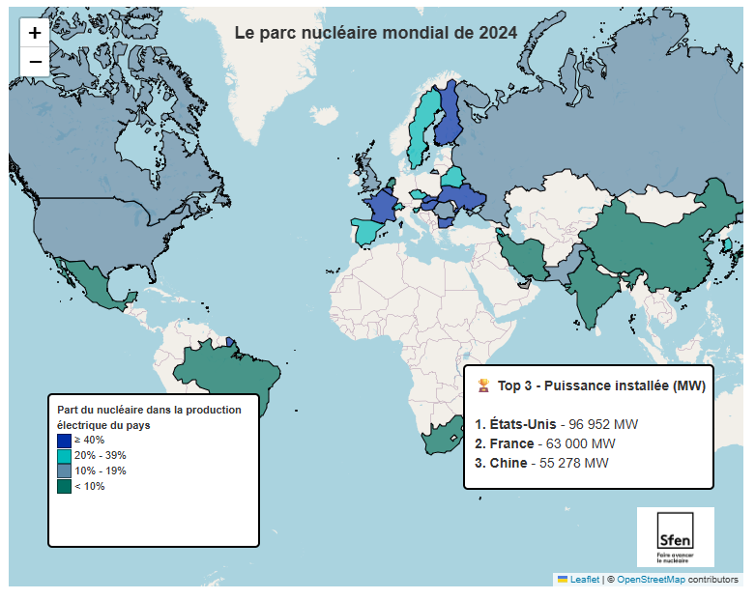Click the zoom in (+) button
35,33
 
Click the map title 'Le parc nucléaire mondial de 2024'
376,33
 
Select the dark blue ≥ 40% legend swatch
64,441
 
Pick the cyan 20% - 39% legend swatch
64,456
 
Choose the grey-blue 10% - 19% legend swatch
64,471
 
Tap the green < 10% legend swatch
64,487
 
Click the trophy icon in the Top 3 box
483,385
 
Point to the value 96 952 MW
603,424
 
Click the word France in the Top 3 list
511,443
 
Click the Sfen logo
675,537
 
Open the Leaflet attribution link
585,580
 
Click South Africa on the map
439,437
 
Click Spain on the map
364,232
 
